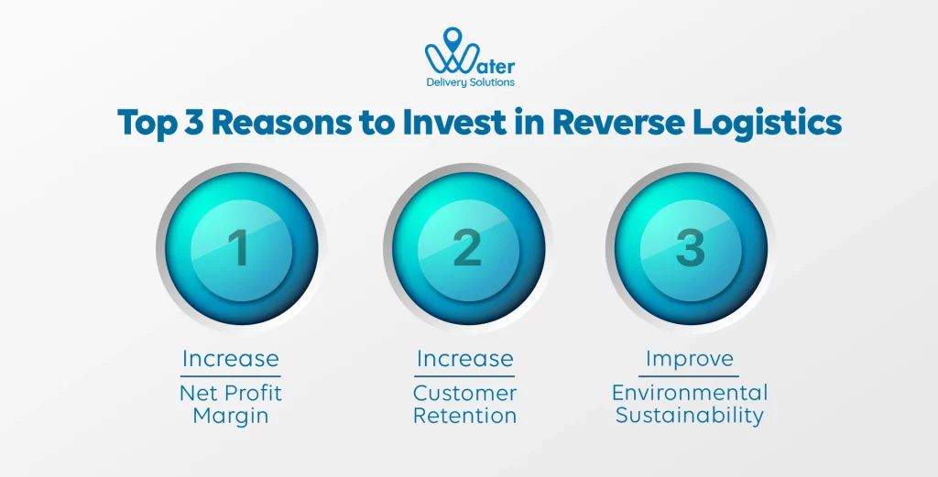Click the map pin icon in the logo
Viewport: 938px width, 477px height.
(x=451, y=38)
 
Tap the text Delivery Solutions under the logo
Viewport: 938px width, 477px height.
(x=470, y=82)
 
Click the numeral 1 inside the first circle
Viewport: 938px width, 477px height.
(x=237, y=247)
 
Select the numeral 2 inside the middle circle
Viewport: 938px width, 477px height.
(x=467, y=247)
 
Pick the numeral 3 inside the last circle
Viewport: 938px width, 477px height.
(x=690, y=247)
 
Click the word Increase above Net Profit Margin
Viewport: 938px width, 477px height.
(x=230, y=358)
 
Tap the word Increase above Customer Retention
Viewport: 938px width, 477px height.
(x=464, y=358)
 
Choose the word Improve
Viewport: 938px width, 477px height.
(x=690, y=358)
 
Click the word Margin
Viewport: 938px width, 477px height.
(x=230, y=416)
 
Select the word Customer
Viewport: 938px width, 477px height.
(x=464, y=394)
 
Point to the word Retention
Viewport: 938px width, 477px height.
(x=464, y=416)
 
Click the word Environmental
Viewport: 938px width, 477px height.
(x=690, y=394)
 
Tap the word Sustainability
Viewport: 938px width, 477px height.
(x=690, y=416)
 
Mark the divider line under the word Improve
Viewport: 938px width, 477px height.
(x=690, y=375)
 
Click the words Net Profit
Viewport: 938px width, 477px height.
(x=230, y=394)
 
